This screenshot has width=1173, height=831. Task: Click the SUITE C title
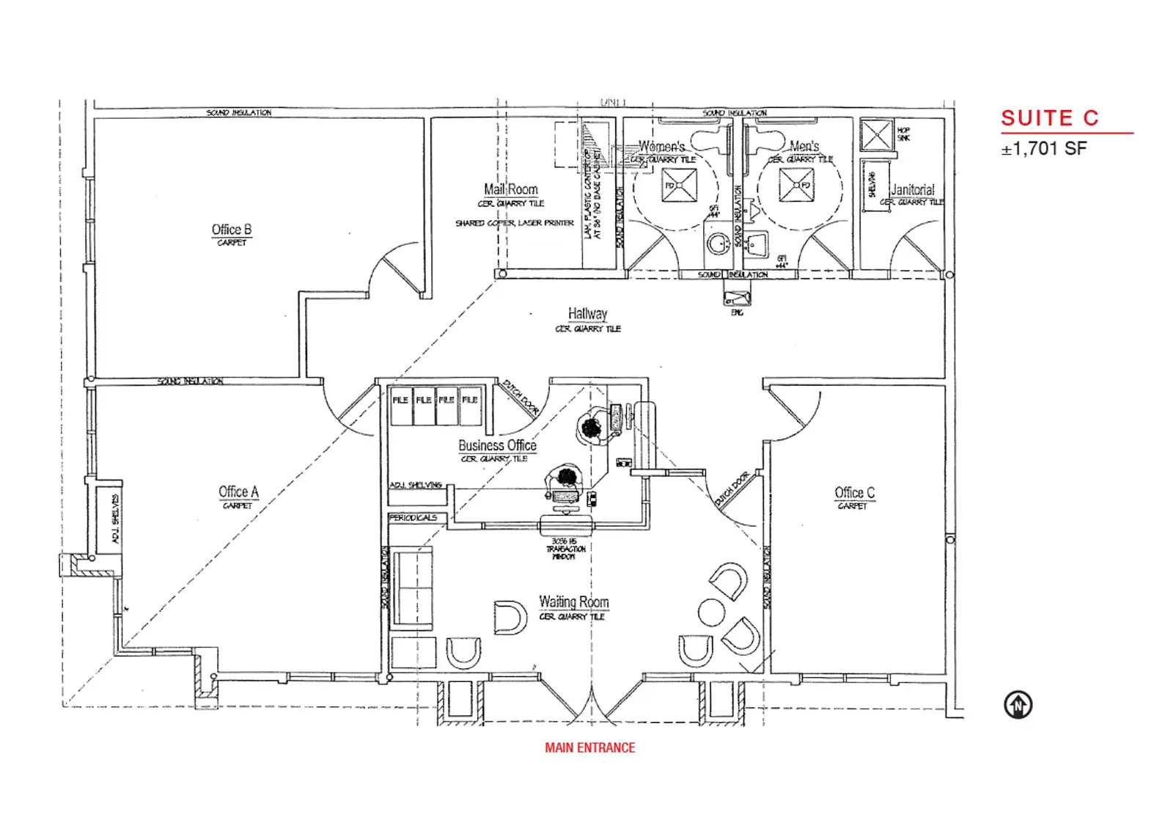pos(1049,118)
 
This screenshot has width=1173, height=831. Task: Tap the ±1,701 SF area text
pos(1044,149)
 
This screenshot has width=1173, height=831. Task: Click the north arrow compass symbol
pos(1018,705)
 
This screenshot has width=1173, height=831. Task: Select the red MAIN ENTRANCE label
pos(589,747)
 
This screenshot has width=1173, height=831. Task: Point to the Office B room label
pos(232,230)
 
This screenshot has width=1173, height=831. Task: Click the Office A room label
pos(238,492)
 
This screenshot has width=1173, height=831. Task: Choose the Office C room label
pos(854,493)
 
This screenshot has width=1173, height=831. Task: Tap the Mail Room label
pos(511,189)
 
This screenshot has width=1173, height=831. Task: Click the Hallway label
pos(587,314)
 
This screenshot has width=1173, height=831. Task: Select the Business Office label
pos(497,445)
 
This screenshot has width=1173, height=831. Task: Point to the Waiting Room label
pos(574,602)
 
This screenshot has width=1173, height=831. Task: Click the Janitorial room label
pos(912,189)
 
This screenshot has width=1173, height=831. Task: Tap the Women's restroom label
pos(661,146)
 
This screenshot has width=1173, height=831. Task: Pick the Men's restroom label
pos(804,146)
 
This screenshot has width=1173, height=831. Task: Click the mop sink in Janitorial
pos(876,135)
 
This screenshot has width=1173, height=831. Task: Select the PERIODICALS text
pos(413,518)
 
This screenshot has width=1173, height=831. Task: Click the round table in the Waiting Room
pos(711,612)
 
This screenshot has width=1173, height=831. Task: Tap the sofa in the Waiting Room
pos(413,587)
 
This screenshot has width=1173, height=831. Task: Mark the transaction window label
pos(565,549)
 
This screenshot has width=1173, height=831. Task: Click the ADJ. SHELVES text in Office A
pos(115,519)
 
